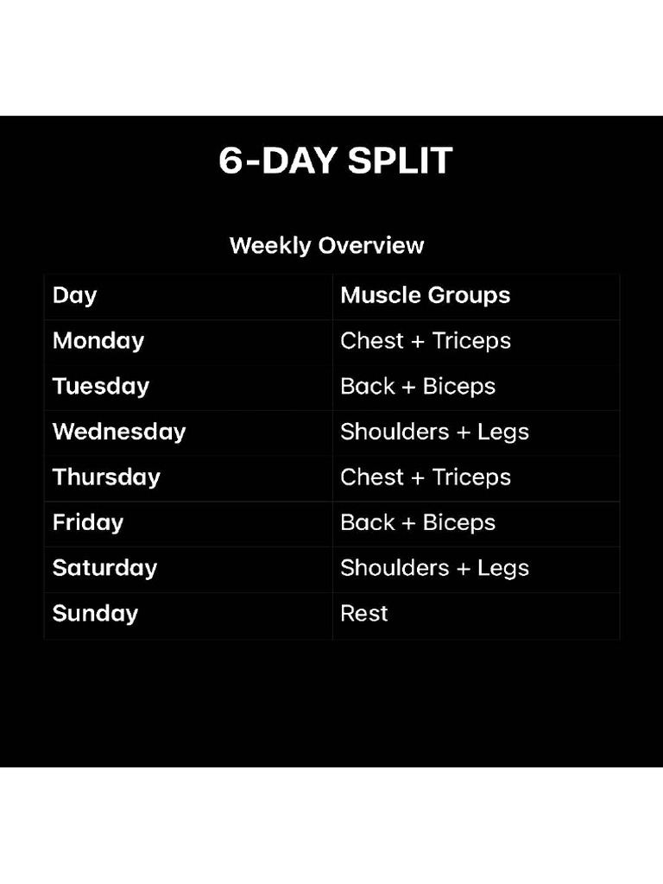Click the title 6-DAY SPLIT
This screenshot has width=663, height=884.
pyautogui.click(x=336, y=161)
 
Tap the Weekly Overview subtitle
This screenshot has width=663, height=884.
pyautogui.click(x=326, y=246)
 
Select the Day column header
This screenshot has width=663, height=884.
pyautogui.click(x=74, y=296)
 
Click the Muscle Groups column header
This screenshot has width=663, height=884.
pyautogui.click(x=425, y=295)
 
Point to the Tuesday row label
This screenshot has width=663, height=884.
pyautogui.click(x=101, y=387)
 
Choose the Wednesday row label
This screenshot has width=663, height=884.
pyautogui.click(x=119, y=432)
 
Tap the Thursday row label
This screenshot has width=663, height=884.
pyautogui.click(x=106, y=477)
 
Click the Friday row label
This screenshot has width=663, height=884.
pyautogui.click(x=88, y=523)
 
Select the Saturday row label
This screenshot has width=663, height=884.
pyautogui.click(x=104, y=568)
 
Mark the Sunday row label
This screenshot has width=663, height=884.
pyautogui.click(x=95, y=614)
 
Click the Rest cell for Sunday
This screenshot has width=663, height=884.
pyautogui.click(x=364, y=614)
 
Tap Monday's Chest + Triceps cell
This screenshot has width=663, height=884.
pyautogui.click(x=426, y=341)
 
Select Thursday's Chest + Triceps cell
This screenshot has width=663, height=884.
pyautogui.click(x=426, y=477)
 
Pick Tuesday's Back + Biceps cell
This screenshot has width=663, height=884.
pyautogui.click(x=418, y=387)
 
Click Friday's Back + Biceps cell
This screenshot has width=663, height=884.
pyautogui.click(x=418, y=523)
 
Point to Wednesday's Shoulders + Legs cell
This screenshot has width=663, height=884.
pyautogui.click(x=435, y=433)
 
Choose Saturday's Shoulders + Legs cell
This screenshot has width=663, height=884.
pyautogui.click(x=435, y=568)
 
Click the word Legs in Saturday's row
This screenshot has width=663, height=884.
pyautogui.click(x=503, y=569)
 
